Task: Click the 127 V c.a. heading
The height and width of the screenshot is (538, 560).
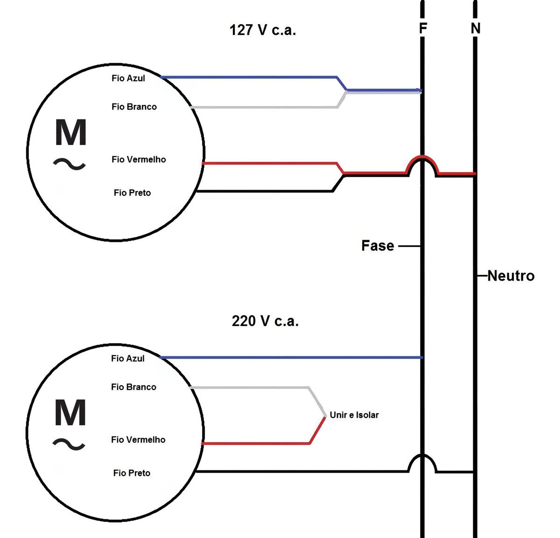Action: click(262, 30)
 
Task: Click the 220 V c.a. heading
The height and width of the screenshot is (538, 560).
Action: click(265, 321)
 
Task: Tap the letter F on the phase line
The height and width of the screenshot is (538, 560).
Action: click(423, 28)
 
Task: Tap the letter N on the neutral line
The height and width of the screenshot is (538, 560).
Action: click(476, 28)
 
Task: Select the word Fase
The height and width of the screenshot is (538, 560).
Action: click(378, 246)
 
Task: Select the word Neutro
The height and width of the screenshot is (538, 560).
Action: click(511, 276)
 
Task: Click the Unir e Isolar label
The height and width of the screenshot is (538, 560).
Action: click(354, 415)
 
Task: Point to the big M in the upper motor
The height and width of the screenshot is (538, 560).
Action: click(70, 132)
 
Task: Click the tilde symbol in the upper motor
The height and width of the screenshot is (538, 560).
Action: click(70, 164)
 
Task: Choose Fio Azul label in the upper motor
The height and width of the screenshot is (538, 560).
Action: click(128, 78)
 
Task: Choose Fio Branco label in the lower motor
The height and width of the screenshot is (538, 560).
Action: click(133, 387)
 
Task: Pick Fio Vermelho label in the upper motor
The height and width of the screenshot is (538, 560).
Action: click(139, 159)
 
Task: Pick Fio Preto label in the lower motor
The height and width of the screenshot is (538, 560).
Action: click(132, 473)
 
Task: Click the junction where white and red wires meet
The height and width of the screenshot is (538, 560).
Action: click(325, 416)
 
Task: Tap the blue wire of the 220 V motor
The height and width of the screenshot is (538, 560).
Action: click(291, 358)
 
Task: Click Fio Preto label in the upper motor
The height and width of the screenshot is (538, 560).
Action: click(132, 193)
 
